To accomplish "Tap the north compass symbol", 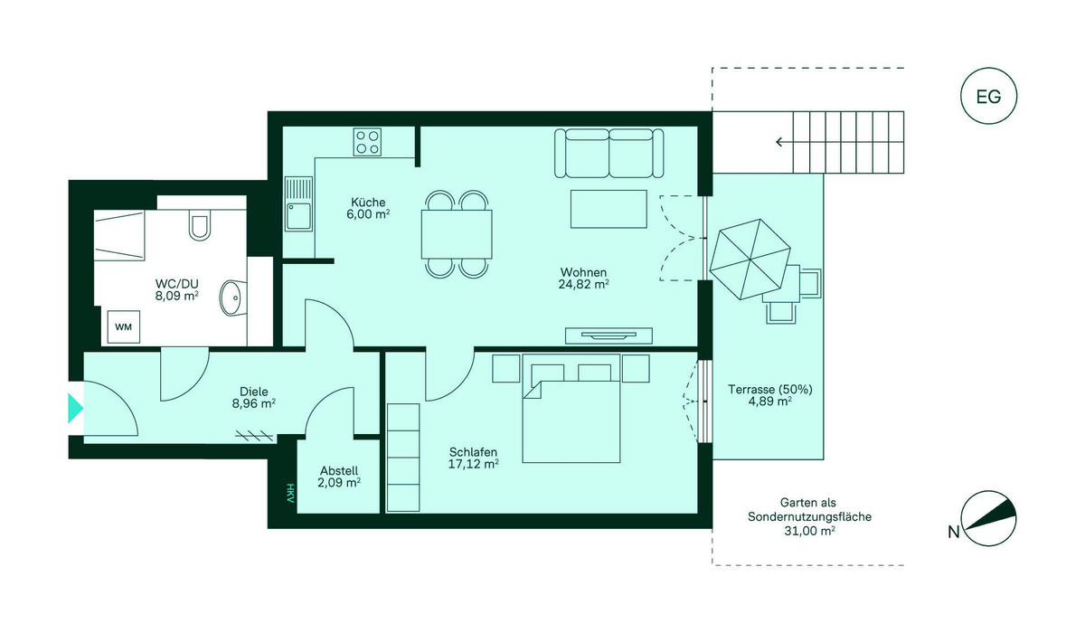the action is click(x=988, y=519).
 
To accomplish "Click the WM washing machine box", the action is click(x=124, y=327).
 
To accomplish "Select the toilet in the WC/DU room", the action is click(x=200, y=225).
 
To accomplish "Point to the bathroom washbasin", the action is click(x=232, y=297).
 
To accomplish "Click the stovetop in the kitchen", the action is click(x=367, y=142).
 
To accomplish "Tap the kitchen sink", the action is click(x=298, y=203).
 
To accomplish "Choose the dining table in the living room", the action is click(x=457, y=234).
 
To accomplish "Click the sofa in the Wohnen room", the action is click(x=609, y=153).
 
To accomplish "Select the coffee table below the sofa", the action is click(x=609, y=209).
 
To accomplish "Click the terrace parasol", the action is click(x=750, y=260).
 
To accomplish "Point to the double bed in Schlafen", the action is click(x=571, y=408).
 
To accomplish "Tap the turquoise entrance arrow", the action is click(x=75, y=408).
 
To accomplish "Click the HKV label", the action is click(x=290, y=493).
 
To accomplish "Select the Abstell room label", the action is click(x=339, y=471).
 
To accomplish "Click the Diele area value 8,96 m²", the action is click(x=254, y=403).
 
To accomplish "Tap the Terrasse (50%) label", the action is click(x=770, y=390).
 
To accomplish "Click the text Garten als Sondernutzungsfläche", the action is click(x=809, y=509).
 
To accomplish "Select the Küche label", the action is click(x=368, y=203).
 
